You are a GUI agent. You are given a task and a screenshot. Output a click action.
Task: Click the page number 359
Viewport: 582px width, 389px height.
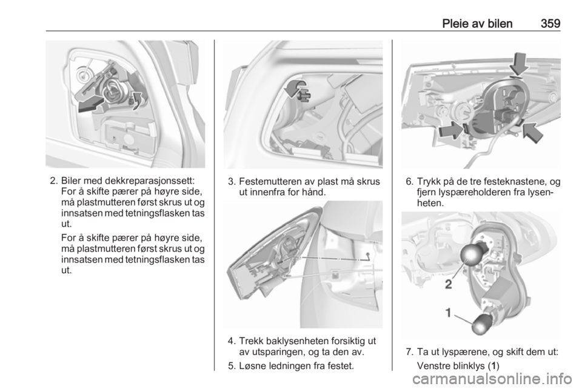pos(550,24)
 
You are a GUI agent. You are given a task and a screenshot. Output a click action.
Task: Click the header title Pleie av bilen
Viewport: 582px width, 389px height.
pos(477,24)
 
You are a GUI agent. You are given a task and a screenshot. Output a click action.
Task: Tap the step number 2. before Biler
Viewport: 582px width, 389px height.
pos(54,181)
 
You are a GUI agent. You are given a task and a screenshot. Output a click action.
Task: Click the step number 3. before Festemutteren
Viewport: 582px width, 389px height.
pos(232,182)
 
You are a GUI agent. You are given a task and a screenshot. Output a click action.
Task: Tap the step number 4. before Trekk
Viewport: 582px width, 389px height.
pos(232,341)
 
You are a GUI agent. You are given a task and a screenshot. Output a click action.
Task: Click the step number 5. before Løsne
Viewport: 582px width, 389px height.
pos(232,366)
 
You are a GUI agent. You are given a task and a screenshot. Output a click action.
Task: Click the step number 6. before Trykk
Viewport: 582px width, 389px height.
pos(410,182)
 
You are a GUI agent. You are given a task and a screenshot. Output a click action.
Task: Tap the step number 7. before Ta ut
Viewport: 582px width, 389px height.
pos(410,351)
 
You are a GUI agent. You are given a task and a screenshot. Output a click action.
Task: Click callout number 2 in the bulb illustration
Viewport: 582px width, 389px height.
pos(449,284)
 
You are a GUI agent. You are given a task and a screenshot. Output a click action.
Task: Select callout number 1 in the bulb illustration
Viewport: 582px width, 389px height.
pos(449,313)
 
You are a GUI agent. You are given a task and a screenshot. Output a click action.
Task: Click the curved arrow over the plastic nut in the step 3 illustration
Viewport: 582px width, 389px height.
pos(295,87)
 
